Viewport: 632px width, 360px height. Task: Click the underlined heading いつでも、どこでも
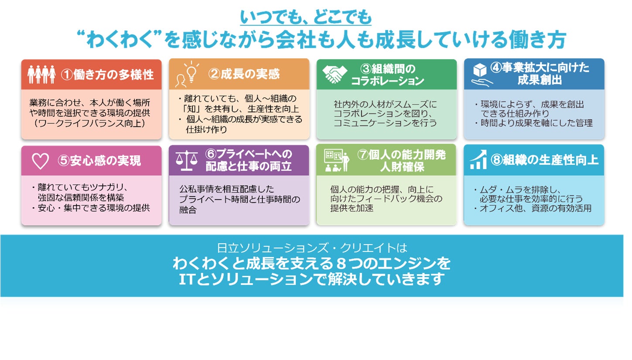click(306, 18)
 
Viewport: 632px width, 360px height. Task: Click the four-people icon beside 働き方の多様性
click(41, 75)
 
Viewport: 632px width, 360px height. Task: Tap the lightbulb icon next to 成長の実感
click(188, 75)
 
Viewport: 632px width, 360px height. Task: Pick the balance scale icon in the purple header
click(187, 160)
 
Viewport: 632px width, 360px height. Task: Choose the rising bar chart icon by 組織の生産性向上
click(478, 160)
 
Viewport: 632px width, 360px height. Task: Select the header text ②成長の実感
click(244, 74)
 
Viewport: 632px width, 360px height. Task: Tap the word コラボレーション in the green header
click(387, 81)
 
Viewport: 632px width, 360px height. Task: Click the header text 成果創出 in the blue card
click(540, 81)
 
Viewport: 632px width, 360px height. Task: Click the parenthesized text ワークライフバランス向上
click(91, 124)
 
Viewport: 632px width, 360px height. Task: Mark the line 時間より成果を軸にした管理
click(536, 123)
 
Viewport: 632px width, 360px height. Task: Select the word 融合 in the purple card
click(188, 211)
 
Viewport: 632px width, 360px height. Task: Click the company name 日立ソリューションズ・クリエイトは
click(312, 248)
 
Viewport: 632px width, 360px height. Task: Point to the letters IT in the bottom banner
click(188, 279)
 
